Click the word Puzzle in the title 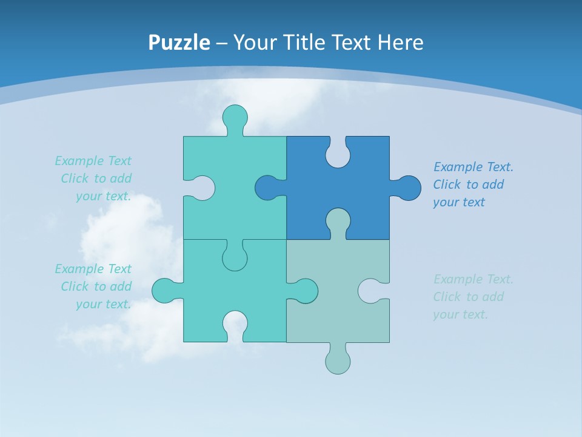click(179, 42)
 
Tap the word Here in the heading click(400, 42)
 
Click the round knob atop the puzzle click(235, 117)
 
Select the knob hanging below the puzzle click(338, 361)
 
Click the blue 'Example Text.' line click(473, 167)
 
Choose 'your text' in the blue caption click(459, 202)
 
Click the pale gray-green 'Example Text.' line click(473, 279)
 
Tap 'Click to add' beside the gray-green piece click(468, 297)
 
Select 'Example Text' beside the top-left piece click(93, 161)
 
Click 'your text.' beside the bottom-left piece click(103, 304)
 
